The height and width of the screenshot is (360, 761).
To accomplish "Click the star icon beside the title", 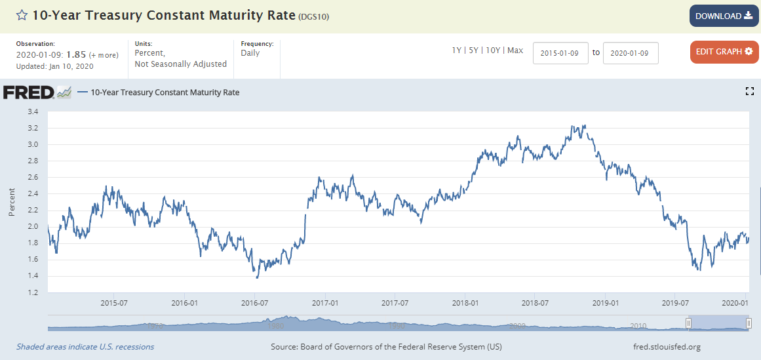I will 22,15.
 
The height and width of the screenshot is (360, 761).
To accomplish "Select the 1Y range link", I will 456,50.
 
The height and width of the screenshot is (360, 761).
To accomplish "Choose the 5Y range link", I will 473,50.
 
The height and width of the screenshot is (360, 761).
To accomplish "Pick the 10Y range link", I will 492,50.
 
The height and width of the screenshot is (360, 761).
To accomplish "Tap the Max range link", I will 515,50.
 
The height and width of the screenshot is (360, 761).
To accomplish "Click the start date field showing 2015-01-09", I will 560,53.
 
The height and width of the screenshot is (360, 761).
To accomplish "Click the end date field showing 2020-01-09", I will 630,53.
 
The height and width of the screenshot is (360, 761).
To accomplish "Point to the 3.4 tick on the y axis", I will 32,111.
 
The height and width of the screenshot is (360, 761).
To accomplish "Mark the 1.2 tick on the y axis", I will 32,292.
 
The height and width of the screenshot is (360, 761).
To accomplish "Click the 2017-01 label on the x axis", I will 325,303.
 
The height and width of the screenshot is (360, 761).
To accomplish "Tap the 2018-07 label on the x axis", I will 535,303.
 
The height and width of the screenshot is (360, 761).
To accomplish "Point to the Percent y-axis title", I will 12,202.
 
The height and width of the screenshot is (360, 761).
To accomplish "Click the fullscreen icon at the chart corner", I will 750,92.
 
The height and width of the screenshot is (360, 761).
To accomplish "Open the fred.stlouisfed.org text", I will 664,347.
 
